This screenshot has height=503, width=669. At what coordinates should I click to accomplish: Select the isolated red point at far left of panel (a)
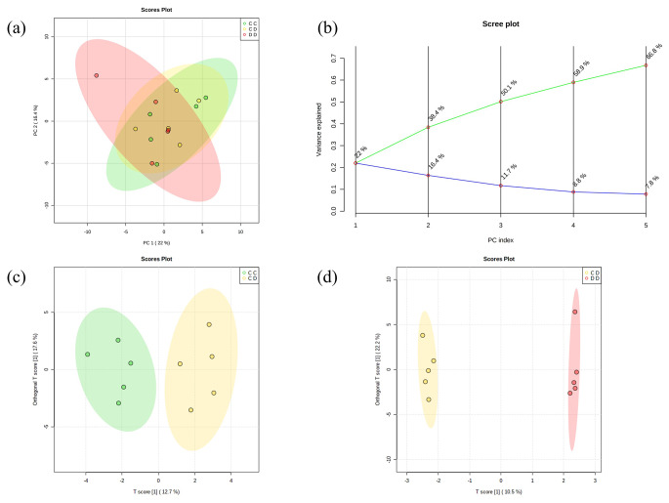point(96,75)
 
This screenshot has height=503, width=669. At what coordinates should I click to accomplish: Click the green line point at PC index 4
point(573,82)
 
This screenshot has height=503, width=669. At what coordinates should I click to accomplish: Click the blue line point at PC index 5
point(646,194)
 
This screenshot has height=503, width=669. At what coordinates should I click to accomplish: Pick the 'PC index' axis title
point(499,237)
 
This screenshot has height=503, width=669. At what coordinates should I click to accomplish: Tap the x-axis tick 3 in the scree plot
point(500,224)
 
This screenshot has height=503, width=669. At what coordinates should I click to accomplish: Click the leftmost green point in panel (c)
point(87,355)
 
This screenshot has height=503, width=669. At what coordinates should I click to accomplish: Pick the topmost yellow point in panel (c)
point(209,324)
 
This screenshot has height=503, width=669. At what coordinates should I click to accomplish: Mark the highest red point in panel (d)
point(575,313)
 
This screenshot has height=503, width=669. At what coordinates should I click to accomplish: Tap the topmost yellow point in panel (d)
point(423,335)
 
